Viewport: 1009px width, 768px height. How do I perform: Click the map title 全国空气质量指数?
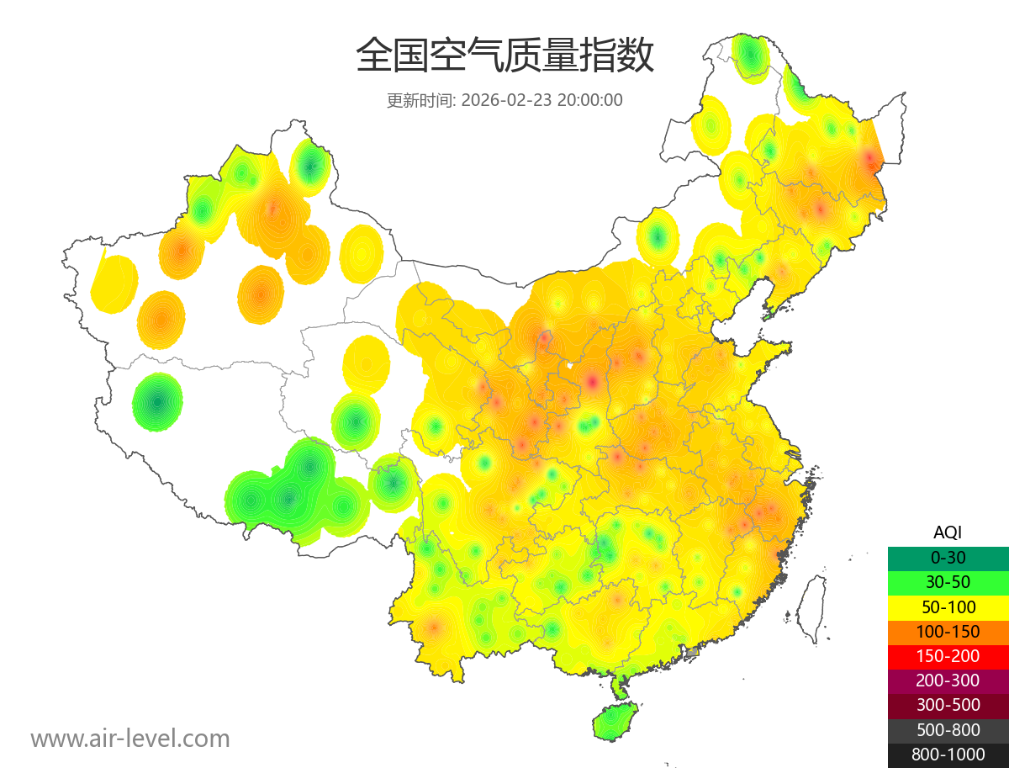(x=504, y=56)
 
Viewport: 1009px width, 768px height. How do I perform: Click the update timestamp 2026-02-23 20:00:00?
(x=542, y=100)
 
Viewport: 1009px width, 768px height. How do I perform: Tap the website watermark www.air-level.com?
(x=130, y=739)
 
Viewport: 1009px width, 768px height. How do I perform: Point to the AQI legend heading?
(x=948, y=532)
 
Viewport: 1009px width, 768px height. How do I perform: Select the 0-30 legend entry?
(x=948, y=557)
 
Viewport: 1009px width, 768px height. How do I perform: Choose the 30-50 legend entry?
(x=948, y=581)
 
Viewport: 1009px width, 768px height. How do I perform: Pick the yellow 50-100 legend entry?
(x=948, y=606)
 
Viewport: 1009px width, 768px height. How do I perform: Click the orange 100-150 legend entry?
(x=948, y=632)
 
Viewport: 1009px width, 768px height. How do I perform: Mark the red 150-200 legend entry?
(x=948, y=656)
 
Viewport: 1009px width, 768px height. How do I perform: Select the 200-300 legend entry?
(x=948, y=681)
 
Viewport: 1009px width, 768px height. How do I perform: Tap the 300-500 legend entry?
(x=948, y=705)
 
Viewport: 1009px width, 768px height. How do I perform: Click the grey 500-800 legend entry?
(x=948, y=730)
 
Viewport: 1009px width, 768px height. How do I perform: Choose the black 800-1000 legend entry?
(x=948, y=755)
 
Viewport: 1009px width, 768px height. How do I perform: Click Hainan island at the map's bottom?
(x=615, y=722)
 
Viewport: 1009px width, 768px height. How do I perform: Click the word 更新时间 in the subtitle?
(x=419, y=100)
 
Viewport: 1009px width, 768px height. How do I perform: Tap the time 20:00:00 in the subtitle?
(x=590, y=100)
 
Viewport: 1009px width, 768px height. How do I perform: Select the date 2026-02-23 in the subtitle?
(x=506, y=100)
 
